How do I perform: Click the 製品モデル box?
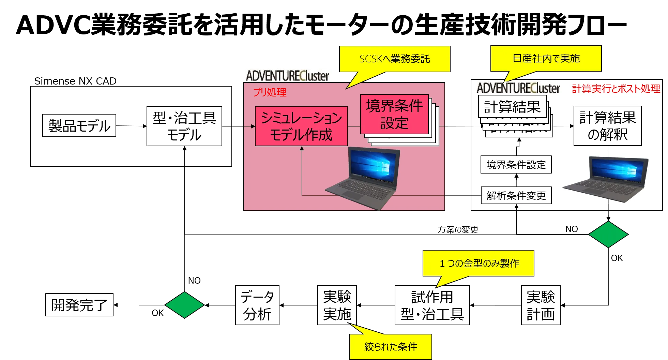[79, 125]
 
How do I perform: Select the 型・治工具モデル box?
[184, 126]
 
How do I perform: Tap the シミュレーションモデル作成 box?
[301, 126]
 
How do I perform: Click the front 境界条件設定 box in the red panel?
[394, 114]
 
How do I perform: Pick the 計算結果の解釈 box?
[607, 126]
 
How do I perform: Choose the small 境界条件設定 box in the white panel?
[516, 165]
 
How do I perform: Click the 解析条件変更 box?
[516, 196]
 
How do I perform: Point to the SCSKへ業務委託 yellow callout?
[394, 59]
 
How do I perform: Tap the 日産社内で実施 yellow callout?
[546, 58]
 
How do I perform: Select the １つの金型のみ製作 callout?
[478, 263]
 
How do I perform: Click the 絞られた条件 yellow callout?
[391, 347]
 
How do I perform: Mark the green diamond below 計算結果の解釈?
[608, 235]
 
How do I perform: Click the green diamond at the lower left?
[184, 305]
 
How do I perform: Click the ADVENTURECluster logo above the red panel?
[287, 76]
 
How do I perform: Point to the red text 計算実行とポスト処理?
[616, 89]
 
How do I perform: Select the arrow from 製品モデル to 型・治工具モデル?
[131, 126]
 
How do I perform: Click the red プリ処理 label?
[269, 92]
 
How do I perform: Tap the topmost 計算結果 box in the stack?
[512, 107]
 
